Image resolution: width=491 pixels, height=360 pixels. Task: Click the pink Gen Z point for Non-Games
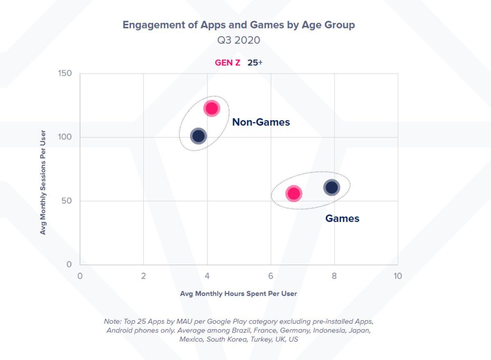212,109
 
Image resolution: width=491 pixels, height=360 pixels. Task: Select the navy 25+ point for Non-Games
198,136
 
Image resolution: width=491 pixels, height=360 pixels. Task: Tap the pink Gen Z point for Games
294,193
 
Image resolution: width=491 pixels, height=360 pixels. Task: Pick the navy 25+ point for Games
331,187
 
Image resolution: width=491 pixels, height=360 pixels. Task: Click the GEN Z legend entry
227,63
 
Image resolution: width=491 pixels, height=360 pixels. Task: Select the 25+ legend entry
255,63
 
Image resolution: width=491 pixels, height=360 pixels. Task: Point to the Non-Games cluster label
261,122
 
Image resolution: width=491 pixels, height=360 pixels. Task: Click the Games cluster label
342,218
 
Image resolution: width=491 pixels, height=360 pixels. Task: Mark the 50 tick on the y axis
67,201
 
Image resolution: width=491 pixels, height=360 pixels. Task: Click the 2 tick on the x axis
143,276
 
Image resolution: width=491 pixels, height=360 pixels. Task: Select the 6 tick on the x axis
271,276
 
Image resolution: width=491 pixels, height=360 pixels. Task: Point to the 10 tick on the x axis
397,276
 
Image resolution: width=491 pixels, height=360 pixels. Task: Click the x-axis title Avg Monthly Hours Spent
239,294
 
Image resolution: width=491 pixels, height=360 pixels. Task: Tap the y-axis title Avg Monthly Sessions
43,183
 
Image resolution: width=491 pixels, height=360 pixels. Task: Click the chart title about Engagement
239,25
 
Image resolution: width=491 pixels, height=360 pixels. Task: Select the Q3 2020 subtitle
239,40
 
